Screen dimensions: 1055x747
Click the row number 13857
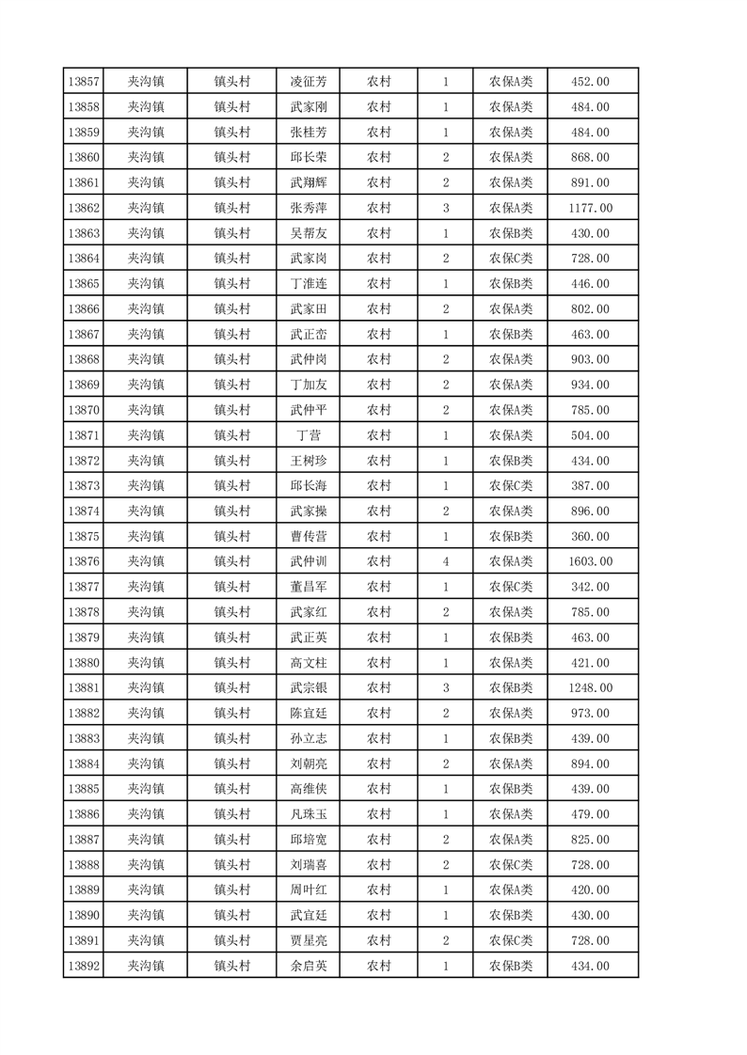click(x=84, y=82)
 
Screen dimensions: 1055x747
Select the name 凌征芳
click(x=308, y=82)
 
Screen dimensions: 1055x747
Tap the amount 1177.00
click(x=590, y=208)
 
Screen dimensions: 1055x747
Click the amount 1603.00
click(x=590, y=561)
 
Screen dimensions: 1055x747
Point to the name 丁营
click(x=308, y=435)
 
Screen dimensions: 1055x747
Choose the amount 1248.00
click(x=590, y=688)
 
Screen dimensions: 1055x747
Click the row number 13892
click(x=84, y=966)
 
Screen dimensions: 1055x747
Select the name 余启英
click(x=308, y=966)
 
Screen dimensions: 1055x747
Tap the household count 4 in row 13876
click(x=445, y=561)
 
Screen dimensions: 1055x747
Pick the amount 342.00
click(x=590, y=587)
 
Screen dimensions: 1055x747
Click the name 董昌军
click(x=308, y=587)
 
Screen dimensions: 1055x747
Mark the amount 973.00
click(x=590, y=714)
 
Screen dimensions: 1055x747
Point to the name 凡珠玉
click(x=308, y=814)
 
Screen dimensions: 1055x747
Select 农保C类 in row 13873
click(x=510, y=486)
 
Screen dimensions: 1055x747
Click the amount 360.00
click(x=590, y=536)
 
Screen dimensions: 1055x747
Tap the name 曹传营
click(x=308, y=536)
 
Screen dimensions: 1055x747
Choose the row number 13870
click(x=84, y=410)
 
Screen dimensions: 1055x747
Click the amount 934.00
click(x=590, y=385)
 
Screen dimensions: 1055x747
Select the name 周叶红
click(x=308, y=890)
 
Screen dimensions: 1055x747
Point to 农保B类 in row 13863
click(x=510, y=233)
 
